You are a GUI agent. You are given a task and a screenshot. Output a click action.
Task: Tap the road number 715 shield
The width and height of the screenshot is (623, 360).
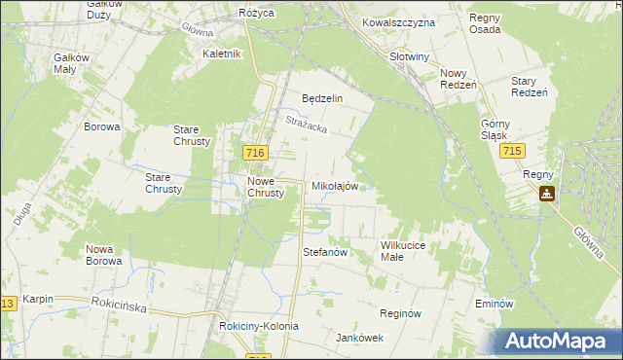[x=513, y=153]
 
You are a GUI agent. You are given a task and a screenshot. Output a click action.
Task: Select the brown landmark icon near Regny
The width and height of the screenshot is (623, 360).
[x=548, y=194]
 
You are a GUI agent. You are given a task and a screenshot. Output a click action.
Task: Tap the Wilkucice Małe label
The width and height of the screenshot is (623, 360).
[x=404, y=251]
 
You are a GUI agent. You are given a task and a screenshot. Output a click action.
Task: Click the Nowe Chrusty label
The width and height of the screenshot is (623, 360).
[x=265, y=187]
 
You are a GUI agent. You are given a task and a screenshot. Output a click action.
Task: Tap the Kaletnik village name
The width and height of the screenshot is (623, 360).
[x=221, y=54]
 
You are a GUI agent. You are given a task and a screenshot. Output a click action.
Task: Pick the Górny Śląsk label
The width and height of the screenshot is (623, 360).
[x=495, y=129]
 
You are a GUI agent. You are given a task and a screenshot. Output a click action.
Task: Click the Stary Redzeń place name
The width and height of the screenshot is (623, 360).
[x=531, y=86]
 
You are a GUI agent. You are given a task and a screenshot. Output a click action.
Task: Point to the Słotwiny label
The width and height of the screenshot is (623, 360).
[x=409, y=56]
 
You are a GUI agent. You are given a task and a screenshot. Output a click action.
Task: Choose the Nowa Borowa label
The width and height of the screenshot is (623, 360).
[x=103, y=255]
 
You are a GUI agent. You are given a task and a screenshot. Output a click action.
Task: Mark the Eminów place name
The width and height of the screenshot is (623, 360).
[x=494, y=304]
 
